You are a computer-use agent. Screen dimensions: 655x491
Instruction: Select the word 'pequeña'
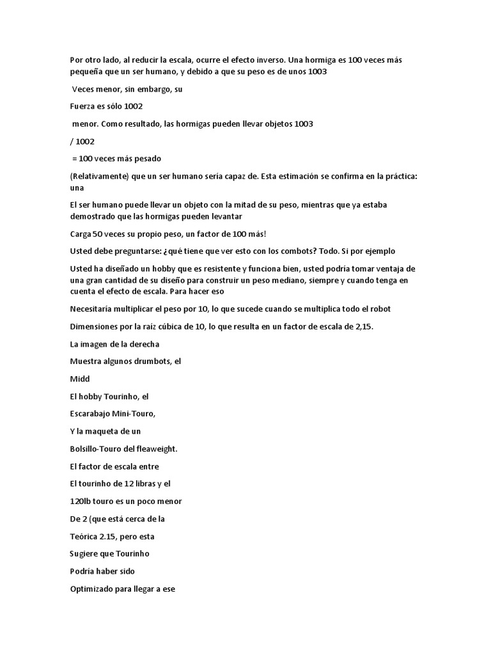pyautogui.click(x=86, y=72)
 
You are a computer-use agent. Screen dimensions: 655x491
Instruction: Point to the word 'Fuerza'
pyautogui.click(x=82, y=106)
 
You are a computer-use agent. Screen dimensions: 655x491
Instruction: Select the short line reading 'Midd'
pyautogui.click(x=79, y=379)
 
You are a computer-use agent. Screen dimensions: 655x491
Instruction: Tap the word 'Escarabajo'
pyautogui.click(x=93, y=413)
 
